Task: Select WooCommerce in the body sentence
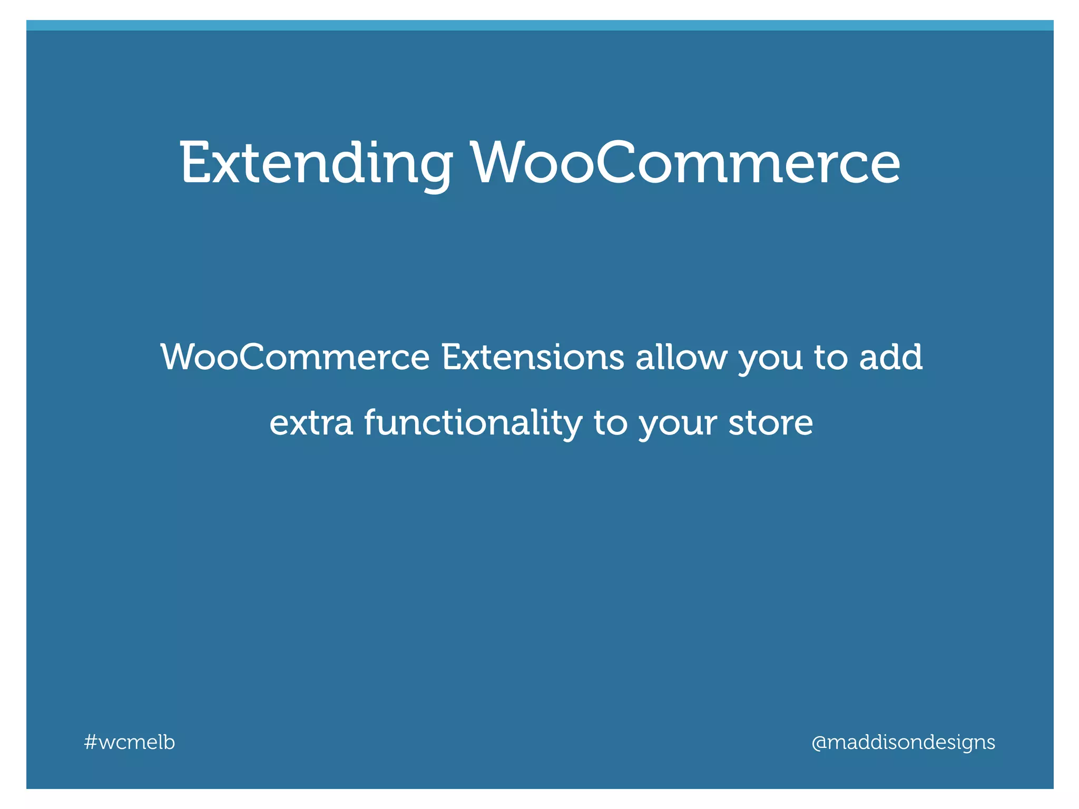pyautogui.click(x=296, y=358)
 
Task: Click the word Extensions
pyautogui.click(x=533, y=358)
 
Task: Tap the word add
pyautogui.click(x=891, y=358)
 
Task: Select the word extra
pyautogui.click(x=311, y=423)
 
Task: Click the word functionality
pyautogui.click(x=473, y=423)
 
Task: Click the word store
pyautogui.click(x=770, y=423)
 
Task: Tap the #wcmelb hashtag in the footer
pyautogui.click(x=130, y=742)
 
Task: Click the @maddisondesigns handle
pyautogui.click(x=903, y=743)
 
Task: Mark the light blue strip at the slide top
pyautogui.click(x=539, y=25)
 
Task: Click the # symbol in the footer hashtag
pyautogui.click(x=90, y=743)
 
